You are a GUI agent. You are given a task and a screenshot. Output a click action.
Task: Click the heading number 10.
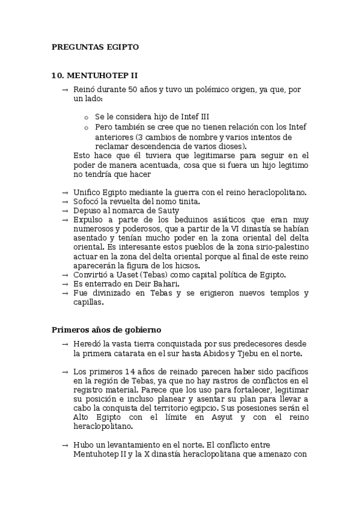tap(58, 75)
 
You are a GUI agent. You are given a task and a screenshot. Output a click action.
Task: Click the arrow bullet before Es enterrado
tap(65, 284)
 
